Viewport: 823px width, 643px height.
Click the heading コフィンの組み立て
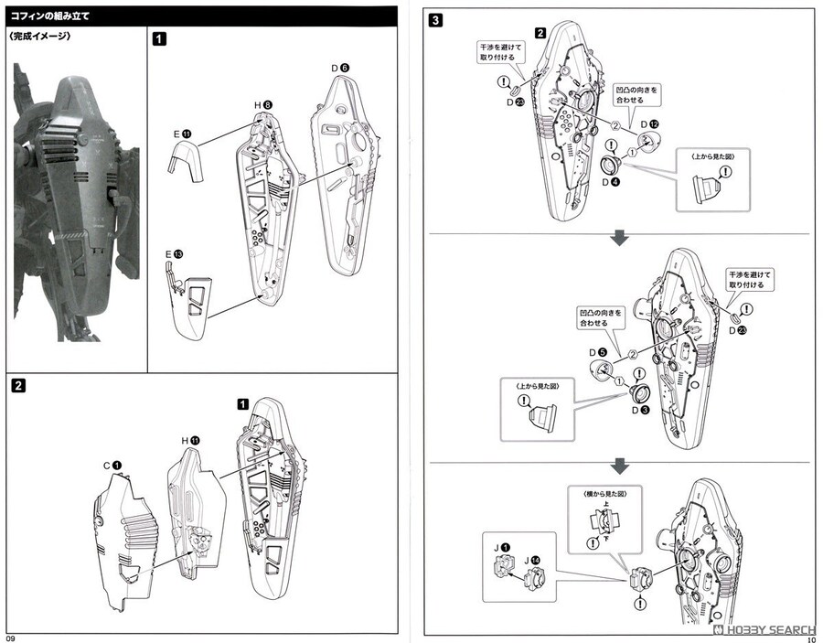coord(56,15)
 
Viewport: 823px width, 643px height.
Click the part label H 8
coord(262,105)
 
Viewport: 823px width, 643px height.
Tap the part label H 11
coord(189,440)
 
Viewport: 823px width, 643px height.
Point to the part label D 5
coord(599,352)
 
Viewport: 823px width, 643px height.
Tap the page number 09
coord(10,637)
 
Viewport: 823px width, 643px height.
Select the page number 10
coord(811,638)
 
